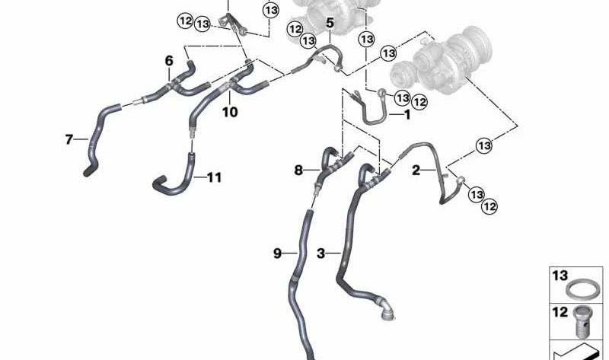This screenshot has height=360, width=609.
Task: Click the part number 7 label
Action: [69, 139]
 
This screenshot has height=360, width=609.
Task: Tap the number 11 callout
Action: [214, 177]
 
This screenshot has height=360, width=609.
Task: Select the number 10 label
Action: [230, 112]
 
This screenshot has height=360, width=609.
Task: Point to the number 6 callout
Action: [169, 61]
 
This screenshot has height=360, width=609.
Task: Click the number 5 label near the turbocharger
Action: [330, 23]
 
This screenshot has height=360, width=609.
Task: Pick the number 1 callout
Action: [407, 115]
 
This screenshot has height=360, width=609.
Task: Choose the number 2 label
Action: [416, 170]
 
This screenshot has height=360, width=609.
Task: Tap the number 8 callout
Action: [298, 170]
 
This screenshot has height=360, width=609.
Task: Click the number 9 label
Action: [277, 253]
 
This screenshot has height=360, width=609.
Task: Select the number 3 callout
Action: [320, 253]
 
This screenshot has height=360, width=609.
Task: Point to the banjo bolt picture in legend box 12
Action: [582, 321]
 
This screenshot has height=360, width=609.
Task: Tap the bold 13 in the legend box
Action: [560, 276]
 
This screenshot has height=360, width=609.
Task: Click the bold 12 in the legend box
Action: [560, 312]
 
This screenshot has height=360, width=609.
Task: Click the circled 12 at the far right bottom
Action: [489, 206]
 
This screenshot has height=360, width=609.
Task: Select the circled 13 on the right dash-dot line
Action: [484, 146]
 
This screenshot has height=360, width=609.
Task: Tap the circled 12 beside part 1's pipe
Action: [419, 102]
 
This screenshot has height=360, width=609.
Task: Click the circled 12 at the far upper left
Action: [185, 21]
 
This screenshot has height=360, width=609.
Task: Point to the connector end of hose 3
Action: [386, 311]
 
